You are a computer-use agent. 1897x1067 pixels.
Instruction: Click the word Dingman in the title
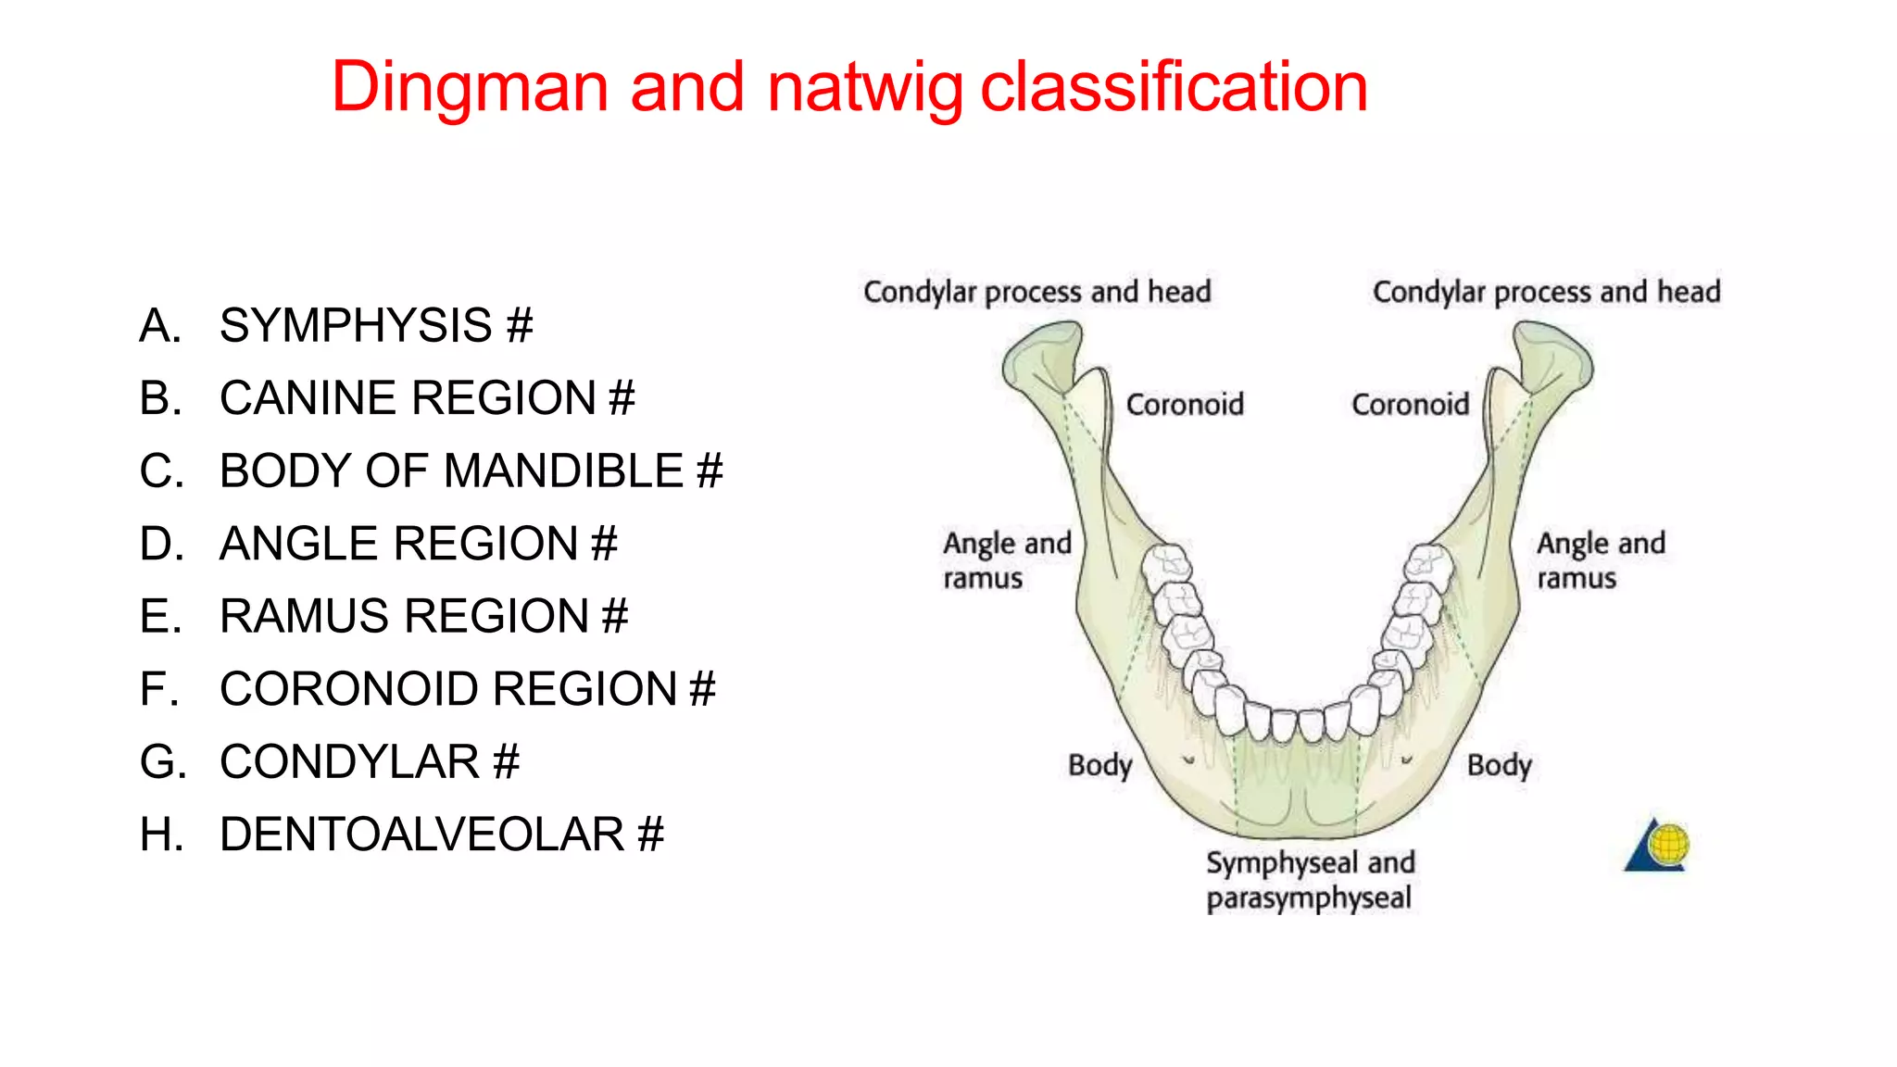pos(471,87)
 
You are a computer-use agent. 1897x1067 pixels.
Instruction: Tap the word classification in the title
pos(1174,87)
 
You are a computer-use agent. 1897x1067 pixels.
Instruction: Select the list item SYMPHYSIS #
pos(376,326)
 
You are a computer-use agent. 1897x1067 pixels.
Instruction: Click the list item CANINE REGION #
pos(427,398)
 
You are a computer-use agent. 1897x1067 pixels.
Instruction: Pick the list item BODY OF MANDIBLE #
pos(471,471)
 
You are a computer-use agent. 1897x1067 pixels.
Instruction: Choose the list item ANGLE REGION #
pos(418,544)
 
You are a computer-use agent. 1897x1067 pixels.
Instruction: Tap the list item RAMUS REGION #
pos(423,616)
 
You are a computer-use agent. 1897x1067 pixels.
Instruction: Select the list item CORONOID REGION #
pos(468,689)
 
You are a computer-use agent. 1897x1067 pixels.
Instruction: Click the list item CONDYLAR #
pos(369,762)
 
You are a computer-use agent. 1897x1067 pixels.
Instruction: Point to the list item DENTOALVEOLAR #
pos(442,835)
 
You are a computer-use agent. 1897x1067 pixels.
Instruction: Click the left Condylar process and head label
pos(1036,292)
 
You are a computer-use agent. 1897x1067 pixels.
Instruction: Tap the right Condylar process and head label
pos(1546,292)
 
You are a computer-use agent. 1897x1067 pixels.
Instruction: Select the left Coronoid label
pos(1185,405)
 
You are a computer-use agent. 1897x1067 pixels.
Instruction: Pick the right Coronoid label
pos(1410,405)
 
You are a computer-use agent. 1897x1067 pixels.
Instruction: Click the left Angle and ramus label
pos(1006,560)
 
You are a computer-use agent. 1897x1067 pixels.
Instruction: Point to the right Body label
pos(1499,766)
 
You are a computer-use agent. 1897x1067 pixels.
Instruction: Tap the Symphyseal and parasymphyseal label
pos(1310,881)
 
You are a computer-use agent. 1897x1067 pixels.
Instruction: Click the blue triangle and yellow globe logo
pos(1658,845)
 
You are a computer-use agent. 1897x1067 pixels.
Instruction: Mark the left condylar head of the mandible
pos(1042,357)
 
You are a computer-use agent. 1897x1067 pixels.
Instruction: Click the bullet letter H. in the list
pos(161,835)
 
